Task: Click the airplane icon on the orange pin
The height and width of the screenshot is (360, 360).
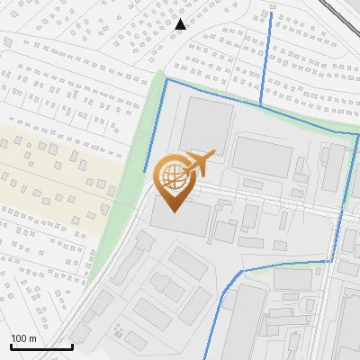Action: pos(198,162)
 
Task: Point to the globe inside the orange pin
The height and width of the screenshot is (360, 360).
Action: pos(172,174)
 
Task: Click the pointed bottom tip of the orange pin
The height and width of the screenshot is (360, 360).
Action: pos(173,211)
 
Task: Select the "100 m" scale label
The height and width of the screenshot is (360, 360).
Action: pos(24,338)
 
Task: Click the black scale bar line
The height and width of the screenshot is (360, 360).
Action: pos(41,346)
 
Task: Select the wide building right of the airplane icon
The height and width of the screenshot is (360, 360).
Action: pos(262,155)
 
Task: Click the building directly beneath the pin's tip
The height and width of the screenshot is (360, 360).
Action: pos(180,218)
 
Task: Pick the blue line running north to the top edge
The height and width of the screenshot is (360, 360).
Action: pos(267,54)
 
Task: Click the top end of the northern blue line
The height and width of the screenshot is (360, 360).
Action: pos(271,13)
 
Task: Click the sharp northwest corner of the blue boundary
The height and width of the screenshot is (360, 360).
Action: pos(166,79)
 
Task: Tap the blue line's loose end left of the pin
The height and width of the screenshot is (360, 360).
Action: pos(144,171)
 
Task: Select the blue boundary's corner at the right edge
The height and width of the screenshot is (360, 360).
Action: pos(356,134)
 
